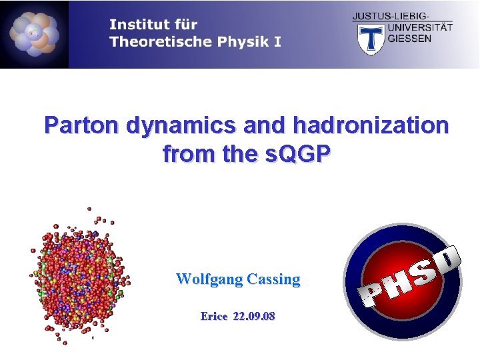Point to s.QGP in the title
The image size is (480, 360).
tap(297, 155)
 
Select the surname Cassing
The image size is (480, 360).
tap(273, 279)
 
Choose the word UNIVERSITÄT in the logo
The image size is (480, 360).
tap(419, 27)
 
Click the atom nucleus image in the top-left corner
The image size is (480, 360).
tap(34, 34)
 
